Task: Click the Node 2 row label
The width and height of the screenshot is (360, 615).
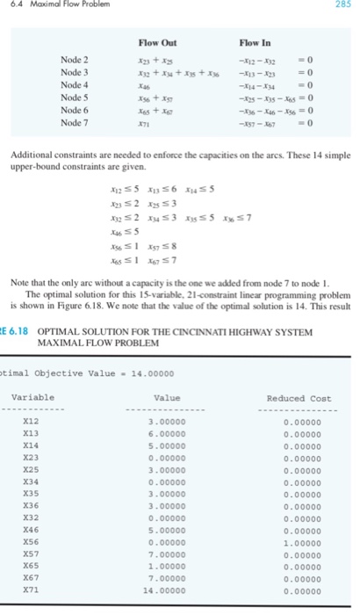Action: pos(75,59)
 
